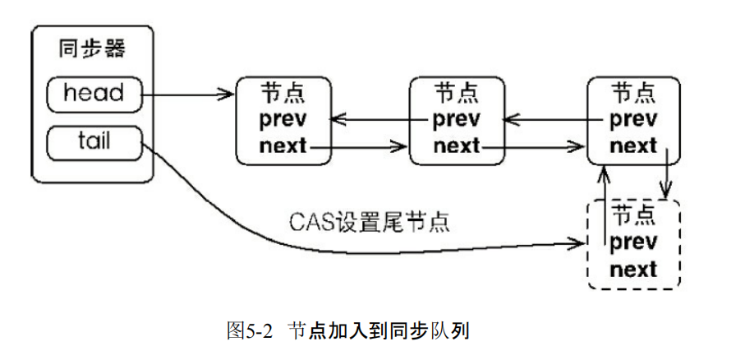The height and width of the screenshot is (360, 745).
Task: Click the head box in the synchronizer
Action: pos(94,94)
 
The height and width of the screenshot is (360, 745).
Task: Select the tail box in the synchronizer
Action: pos(94,142)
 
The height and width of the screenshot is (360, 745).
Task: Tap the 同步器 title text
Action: pos(93,49)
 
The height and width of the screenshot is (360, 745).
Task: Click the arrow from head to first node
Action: pos(189,95)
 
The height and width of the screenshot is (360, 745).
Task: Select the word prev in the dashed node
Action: pos(633,242)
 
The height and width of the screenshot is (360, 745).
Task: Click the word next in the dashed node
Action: pos(633,269)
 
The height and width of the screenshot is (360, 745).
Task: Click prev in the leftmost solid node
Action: pos(283,119)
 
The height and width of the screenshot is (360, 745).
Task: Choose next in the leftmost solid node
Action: pos(283,146)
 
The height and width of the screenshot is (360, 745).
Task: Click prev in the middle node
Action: pos(457,119)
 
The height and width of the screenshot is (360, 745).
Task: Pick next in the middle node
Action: pos(457,146)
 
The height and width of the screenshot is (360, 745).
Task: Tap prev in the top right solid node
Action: pos(633,119)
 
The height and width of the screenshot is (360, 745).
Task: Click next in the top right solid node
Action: pos(633,146)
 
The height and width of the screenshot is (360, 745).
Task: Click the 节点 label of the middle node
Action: pos(457,91)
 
